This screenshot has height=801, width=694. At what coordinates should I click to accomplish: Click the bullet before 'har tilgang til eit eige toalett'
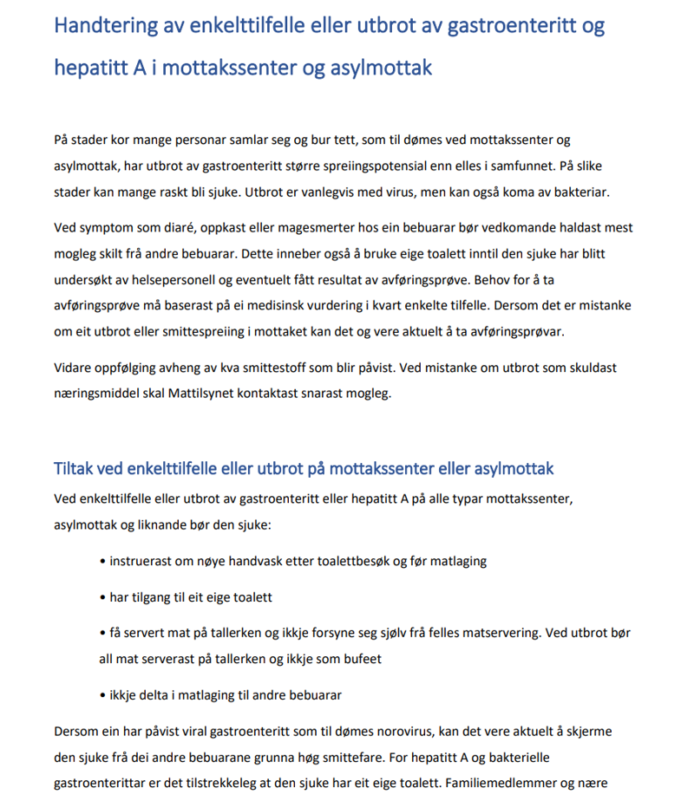click(x=104, y=597)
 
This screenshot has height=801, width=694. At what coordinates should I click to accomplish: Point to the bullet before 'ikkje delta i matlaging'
click(x=104, y=694)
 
